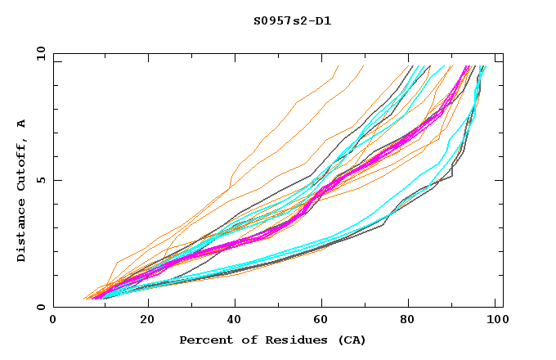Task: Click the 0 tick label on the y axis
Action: [x=41, y=308]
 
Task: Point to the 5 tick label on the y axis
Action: [x=41, y=180]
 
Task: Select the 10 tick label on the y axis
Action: [x=39, y=54]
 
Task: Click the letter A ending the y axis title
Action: [x=21, y=124]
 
